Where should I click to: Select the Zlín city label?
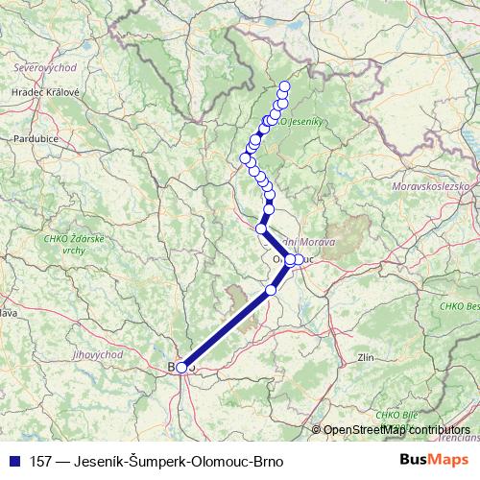point(365,356)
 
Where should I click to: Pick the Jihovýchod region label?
point(98,353)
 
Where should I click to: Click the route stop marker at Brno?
point(181,367)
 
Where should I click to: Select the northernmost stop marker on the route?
point(284,85)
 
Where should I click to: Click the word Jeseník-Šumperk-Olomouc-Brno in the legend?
point(191,460)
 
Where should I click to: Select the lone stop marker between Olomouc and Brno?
point(271,289)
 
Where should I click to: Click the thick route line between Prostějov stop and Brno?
point(227,328)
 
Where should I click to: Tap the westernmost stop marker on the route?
point(245,158)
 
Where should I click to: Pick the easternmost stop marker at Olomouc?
point(299,259)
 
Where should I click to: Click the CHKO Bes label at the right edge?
point(461,306)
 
